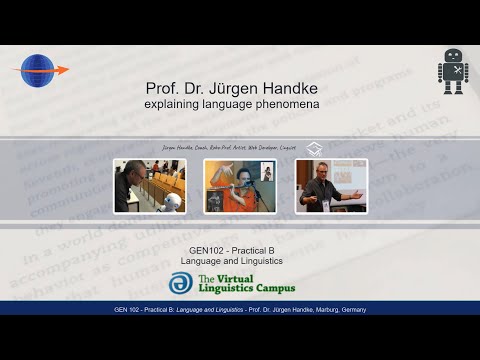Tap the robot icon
click(x=452, y=72)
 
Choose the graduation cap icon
click(x=314, y=147)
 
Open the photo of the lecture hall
click(x=149, y=186)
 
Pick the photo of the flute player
click(x=240, y=186)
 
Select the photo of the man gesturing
click(x=331, y=186)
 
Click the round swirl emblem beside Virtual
click(x=181, y=284)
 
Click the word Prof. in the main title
click(x=163, y=88)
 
